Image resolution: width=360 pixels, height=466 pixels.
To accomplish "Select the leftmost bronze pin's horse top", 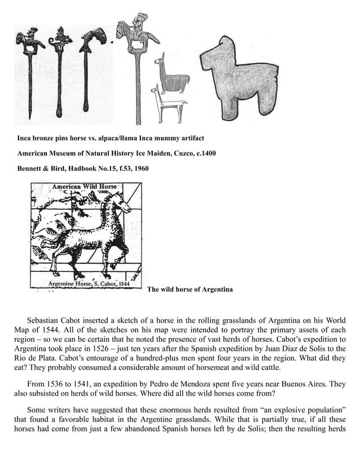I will (29, 41).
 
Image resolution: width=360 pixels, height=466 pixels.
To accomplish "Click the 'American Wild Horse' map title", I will (84, 187).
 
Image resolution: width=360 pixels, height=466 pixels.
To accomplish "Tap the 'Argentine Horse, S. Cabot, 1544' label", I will (90, 283).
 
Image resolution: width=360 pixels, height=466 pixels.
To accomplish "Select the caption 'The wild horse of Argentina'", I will (190, 289).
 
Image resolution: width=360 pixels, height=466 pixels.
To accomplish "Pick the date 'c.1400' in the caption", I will (204, 153).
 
